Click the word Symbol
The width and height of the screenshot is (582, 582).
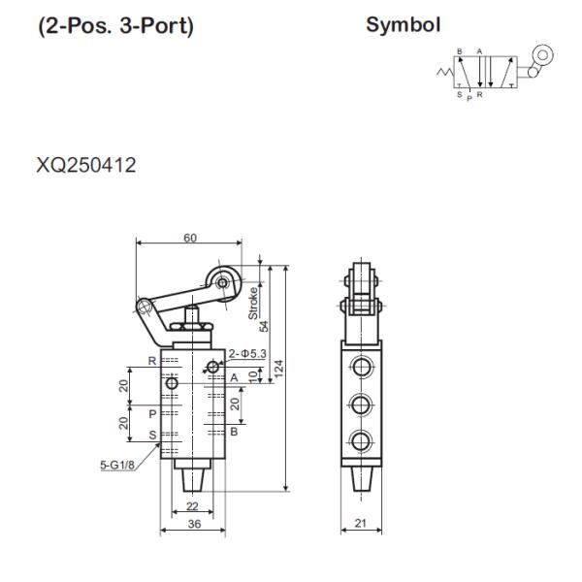click(x=404, y=24)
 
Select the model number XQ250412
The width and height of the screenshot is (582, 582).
click(x=86, y=166)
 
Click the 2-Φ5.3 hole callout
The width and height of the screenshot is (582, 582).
click(x=247, y=354)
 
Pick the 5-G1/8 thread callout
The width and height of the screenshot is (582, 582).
click(x=116, y=465)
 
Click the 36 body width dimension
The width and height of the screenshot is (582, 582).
click(x=192, y=524)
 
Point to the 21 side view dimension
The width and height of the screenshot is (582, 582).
click(x=360, y=524)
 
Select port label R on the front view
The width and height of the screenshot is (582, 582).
click(x=152, y=361)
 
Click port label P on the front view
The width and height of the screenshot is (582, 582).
click(x=152, y=413)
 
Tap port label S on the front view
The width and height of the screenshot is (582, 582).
click(x=152, y=434)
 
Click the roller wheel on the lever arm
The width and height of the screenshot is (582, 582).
click(x=223, y=281)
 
